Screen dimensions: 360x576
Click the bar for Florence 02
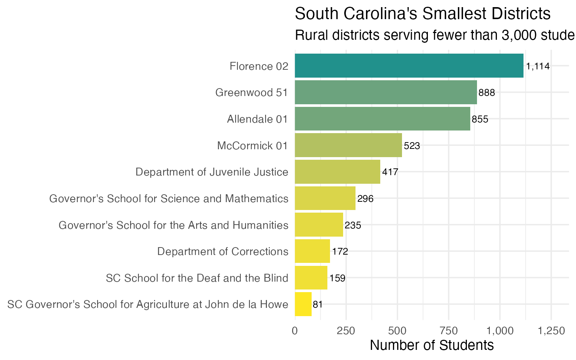pos(409,66)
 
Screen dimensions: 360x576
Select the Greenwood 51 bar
pos(385,92)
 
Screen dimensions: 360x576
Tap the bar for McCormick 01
pos(348,145)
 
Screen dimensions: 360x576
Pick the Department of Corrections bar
pos(312,251)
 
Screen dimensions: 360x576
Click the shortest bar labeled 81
pos(303,304)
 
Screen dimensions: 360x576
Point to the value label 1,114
pos(537,66)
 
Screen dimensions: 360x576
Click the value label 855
pos(480,119)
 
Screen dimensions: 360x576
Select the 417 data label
pos(390,172)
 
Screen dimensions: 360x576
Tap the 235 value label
pos(352,225)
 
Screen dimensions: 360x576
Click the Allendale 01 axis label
pos(257,119)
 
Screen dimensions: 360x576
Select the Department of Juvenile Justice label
pos(211,172)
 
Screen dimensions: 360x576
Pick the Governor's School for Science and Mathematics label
pos(169,198)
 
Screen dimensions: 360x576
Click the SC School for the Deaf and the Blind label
pos(197,278)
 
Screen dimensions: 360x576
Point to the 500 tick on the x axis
pos(397,331)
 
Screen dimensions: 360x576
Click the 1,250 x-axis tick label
pos(550,331)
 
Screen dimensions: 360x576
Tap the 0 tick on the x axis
pos(295,331)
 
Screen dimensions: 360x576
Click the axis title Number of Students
pos(432,345)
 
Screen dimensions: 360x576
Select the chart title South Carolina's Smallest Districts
pos(423,14)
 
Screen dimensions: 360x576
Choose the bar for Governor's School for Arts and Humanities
pos(319,225)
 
